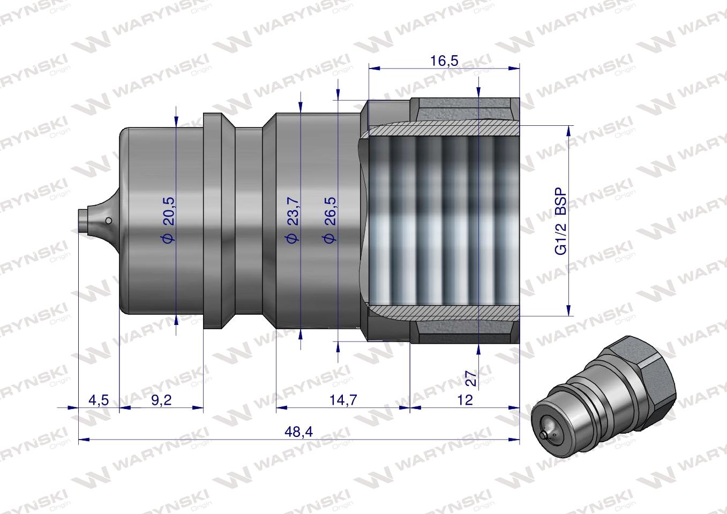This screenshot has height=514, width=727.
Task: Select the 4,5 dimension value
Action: [98, 399]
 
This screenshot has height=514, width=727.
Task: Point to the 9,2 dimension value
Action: [161, 399]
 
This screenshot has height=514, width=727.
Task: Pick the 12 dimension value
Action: [465, 399]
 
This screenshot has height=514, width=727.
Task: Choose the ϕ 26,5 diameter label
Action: [330, 220]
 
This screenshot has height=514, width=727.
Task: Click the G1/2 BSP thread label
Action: [561, 220]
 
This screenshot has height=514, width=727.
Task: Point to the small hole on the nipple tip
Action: [109, 221]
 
